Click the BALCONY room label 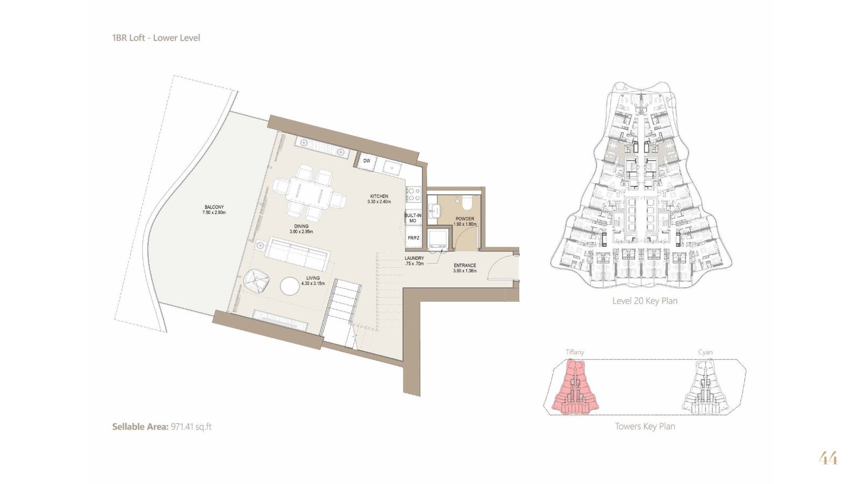point(214,207)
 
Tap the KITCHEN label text point(379,196)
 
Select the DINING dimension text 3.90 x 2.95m point(301,232)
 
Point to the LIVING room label point(313,278)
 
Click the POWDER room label point(465,218)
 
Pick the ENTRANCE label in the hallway point(465,266)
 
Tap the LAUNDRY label point(414,258)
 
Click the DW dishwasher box point(366,161)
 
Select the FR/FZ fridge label point(414,238)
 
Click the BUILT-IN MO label point(413,218)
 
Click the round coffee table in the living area point(290,286)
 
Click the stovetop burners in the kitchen point(413,194)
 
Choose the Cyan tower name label point(705,352)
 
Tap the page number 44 point(828,459)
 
